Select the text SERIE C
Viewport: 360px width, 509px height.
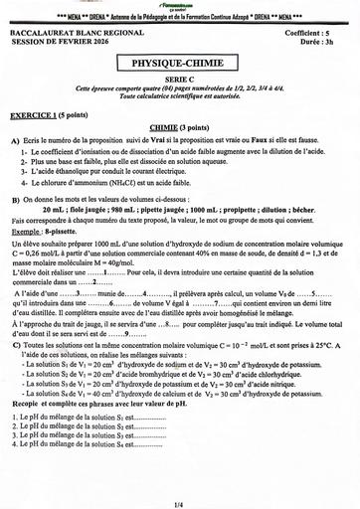click(179, 80)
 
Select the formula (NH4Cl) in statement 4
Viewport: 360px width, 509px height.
click(122, 182)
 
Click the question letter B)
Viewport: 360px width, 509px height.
click(15, 199)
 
